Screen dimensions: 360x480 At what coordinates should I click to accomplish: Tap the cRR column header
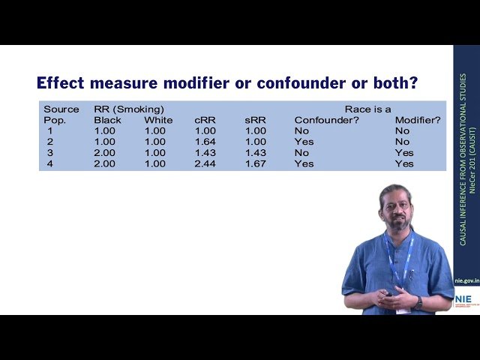[x=205, y=120]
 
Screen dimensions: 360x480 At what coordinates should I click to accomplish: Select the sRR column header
[x=255, y=120]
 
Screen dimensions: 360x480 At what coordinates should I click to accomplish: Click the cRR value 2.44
[x=205, y=163]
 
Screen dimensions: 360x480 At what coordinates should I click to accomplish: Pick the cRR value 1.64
[x=205, y=142]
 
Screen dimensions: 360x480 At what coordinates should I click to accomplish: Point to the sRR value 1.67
[x=255, y=163]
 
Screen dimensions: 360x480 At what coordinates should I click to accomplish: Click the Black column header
[x=107, y=120]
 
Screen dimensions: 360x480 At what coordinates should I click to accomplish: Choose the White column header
[x=158, y=120]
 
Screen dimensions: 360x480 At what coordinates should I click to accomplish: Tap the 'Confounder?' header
[x=326, y=120]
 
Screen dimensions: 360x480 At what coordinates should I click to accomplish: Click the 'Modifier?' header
[x=418, y=120]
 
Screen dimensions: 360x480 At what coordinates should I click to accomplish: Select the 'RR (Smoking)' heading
[x=129, y=109]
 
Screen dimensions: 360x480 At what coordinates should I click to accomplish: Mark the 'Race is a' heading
[x=367, y=109]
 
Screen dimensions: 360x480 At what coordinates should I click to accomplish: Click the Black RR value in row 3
[x=104, y=152]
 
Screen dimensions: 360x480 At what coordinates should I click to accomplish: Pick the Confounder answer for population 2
[x=304, y=142]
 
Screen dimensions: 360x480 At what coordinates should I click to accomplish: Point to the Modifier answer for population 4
[x=404, y=163]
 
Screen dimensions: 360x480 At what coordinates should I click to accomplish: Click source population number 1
[x=49, y=130]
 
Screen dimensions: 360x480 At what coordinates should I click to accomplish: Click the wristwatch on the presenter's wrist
[x=418, y=301]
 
